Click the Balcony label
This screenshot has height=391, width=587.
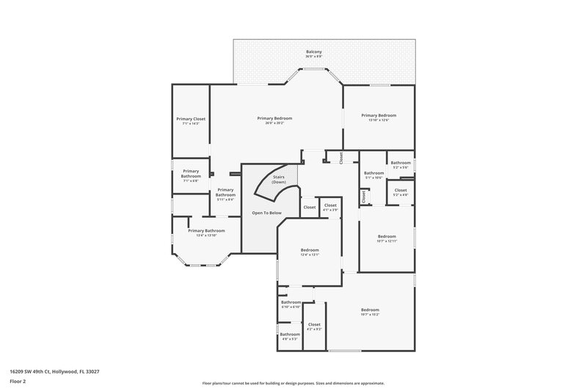point(313,52)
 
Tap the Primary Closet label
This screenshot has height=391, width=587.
point(191,119)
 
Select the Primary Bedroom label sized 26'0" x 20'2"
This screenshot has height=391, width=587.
point(274,118)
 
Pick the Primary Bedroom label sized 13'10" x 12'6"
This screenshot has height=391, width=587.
point(379,115)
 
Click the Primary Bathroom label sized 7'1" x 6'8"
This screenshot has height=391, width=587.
point(191,174)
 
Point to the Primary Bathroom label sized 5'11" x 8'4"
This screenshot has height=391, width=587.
point(225,193)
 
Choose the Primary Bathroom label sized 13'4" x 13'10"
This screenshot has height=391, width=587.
point(205,231)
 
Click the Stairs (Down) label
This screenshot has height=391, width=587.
point(279,178)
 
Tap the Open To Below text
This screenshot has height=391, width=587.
point(266,213)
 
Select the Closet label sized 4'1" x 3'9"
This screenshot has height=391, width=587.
point(330,205)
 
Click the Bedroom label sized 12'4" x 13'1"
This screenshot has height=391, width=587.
point(310,250)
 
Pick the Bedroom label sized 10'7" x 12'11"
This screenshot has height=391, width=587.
point(386,236)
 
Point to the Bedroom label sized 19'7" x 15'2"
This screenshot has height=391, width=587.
point(370,310)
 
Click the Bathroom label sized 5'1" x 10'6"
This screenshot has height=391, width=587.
point(374,173)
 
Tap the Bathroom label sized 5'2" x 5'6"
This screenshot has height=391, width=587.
point(401,163)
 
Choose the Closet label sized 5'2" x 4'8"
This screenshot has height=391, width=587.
point(401,191)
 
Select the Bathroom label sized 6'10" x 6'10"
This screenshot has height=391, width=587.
point(291,302)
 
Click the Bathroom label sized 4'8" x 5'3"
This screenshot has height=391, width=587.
point(290,335)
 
